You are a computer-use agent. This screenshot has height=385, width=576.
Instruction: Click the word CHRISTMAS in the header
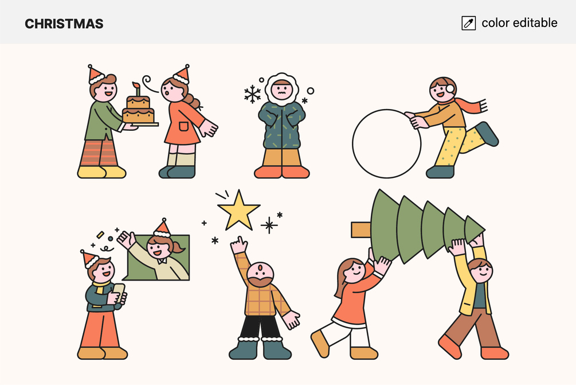click(x=64, y=24)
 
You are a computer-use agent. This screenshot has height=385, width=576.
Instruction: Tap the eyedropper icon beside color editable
click(x=468, y=23)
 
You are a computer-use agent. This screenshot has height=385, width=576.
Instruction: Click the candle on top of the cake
click(x=137, y=89)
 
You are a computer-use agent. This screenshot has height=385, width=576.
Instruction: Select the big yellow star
click(x=238, y=211)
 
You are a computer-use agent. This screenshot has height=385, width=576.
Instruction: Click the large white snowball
click(x=386, y=143)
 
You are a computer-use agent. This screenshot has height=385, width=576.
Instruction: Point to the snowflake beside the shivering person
click(x=252, y=94)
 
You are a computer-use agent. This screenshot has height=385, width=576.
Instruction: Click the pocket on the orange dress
click(x=183, y=126)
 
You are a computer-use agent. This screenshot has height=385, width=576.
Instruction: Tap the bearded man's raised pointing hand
click(x=240, y=245)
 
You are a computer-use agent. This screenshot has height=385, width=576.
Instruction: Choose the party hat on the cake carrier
click(x=96, y=75)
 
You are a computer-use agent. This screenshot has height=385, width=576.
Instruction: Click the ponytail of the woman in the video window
click(x=177, y=247)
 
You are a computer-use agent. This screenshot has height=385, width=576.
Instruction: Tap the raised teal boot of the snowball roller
click(x=487, y=134)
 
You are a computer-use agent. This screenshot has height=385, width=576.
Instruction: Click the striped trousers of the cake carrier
click(x=99, y=153)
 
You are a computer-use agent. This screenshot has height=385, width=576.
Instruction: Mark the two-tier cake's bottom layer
click(x=139, y=115)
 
